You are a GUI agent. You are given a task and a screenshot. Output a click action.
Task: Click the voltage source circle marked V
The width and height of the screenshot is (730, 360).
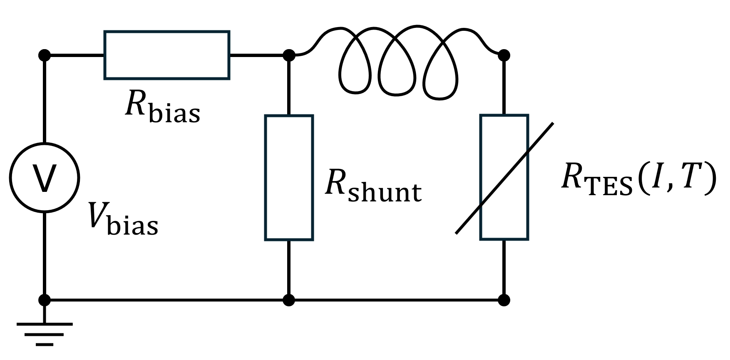point(44,178)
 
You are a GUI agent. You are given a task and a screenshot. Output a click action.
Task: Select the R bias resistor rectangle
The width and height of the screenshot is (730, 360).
point(166,55)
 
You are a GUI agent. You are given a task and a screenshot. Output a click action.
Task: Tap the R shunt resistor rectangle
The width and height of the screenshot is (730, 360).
point(289,178)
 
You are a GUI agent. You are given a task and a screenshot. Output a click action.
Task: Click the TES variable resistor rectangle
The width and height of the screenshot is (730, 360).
point(504,178)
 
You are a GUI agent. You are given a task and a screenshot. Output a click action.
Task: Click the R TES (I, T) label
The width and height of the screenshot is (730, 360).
point(638,179)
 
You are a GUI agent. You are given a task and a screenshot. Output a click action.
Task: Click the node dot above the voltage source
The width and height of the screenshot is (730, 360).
point(44,55)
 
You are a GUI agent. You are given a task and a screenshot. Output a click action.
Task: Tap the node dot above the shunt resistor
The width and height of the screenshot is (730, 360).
point(289,55)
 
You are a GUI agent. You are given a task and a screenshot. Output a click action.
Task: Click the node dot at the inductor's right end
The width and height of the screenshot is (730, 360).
point(504,55)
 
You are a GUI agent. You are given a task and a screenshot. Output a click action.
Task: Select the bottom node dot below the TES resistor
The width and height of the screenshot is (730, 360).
point(504,300)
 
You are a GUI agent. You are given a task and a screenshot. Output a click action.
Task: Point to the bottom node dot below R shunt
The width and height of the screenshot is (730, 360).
point(289,300)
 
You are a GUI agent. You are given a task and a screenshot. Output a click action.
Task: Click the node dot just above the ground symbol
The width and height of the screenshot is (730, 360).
point(44,300)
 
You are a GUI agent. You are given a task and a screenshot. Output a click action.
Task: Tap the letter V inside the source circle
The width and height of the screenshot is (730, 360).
point(44,179)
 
